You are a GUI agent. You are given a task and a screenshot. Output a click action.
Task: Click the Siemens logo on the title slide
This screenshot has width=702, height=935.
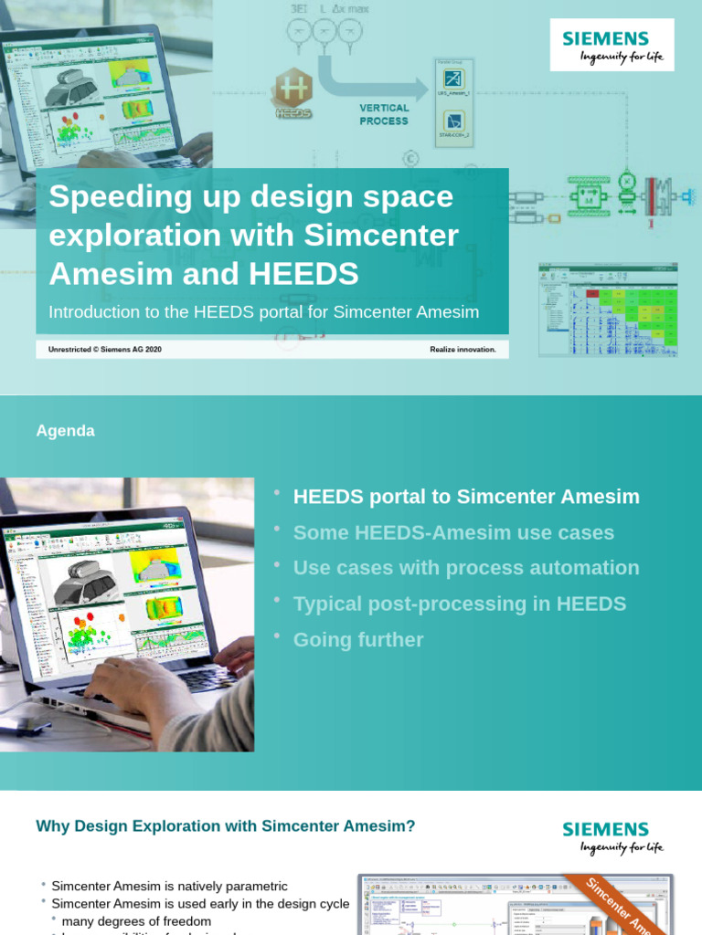[x=612, y=45]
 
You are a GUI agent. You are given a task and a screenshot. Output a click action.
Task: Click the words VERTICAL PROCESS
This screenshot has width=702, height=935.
[x=384, y=114]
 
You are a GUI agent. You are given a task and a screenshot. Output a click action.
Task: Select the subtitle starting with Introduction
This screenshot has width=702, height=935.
[x=263, y=312]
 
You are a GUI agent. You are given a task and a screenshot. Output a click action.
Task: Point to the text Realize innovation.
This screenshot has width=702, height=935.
[x=463, y=349]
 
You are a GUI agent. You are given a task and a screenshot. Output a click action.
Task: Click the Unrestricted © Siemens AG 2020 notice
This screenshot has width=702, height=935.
[x=105, y=349]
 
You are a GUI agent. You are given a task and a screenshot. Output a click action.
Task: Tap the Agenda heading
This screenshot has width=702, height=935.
[x=65, y=431]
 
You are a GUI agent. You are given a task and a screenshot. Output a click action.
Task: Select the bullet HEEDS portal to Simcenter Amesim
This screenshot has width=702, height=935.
[x=466, y=497]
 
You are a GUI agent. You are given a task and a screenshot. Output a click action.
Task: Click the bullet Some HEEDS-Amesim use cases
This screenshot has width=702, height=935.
[x=453, y=532]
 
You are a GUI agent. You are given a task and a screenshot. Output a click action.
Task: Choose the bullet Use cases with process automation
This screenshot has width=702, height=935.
[x=466, y=568]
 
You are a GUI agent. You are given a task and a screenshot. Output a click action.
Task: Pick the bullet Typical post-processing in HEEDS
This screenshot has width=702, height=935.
[x=460, y=604]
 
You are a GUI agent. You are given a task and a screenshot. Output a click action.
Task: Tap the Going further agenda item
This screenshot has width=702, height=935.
[x=358, y=640]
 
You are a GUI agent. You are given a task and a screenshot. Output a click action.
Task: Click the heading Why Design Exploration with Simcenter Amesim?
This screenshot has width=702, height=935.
[x=226, y=826]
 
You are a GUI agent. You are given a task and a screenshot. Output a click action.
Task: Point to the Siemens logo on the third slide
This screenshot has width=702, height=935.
[x=612, y=836]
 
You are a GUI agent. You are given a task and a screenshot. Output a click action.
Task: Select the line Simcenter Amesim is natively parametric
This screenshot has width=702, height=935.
[x=169, y=886]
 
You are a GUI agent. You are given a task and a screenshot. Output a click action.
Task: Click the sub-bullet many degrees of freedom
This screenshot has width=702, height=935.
[x=136, y=921]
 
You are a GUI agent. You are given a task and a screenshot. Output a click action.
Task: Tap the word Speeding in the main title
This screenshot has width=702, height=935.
[x=108, y=196]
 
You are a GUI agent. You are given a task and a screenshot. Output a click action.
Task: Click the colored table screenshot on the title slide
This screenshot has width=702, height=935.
[x=608, y=310]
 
